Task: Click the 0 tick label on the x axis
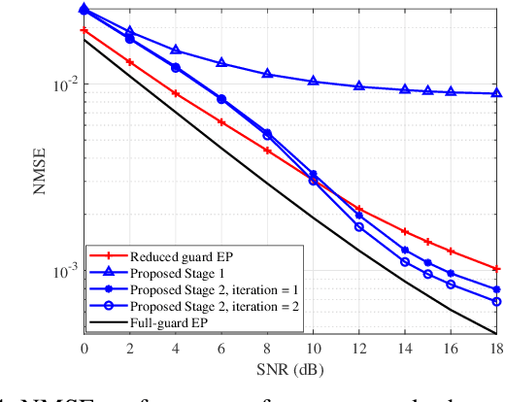(x=84, y=348)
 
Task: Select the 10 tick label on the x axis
(x=313, y=348)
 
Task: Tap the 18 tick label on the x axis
(x=496, y=348)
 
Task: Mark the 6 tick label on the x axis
(x=221, y=348)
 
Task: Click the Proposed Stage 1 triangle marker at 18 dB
(x=496, y=93)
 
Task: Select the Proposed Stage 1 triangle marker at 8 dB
(x=267, y=74)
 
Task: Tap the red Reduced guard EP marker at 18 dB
(x=496, y=268)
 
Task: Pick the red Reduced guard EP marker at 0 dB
(x=84, y=31)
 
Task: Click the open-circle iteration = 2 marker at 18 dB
(x=496, y=301)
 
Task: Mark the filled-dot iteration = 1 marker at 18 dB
(x=496, y=289)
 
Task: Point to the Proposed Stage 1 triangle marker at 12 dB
(x=358, y=86)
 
